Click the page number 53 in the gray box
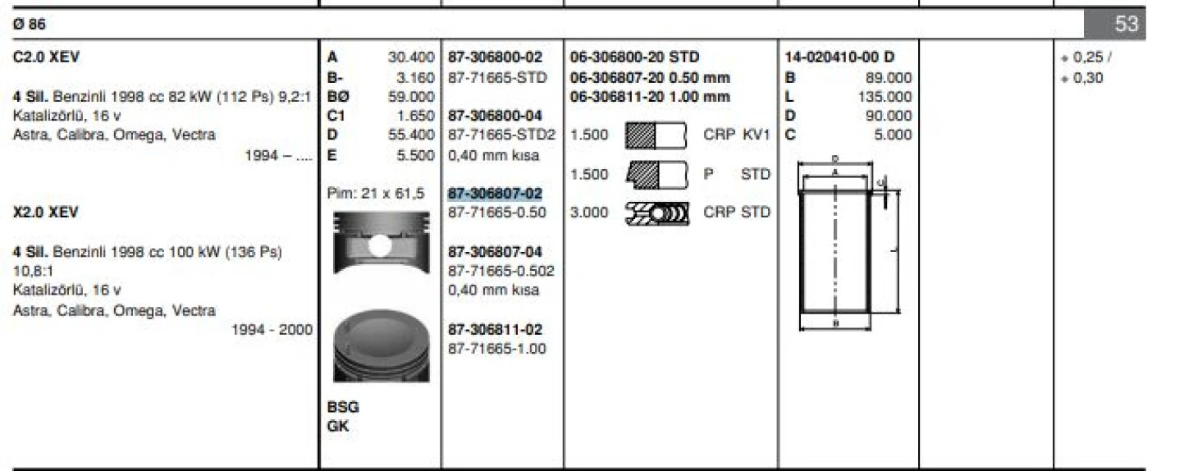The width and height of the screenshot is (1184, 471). click(x=1126, y=25)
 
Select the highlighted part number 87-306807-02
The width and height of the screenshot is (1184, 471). click(x=495, y=194)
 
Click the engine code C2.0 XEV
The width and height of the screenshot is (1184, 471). click(x=47, y=57)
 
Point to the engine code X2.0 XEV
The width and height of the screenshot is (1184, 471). click(x=46, y=213)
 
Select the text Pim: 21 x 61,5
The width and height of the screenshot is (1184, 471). click(x=376, y=194)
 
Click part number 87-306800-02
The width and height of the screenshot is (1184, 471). click(x=495, y=57)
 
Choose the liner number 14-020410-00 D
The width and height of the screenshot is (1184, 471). click(x=839, y=57)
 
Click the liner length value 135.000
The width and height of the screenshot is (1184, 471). click(x=887, y=97)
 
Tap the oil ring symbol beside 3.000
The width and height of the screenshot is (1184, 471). click(x=656, y=213)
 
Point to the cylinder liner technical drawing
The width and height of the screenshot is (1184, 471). click(x=845, y=243)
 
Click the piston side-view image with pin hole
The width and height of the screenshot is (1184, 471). click(x=381, y=243)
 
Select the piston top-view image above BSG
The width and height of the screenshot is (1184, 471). click(x=382, y=345)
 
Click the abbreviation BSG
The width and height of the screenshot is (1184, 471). click(x=343, y=407)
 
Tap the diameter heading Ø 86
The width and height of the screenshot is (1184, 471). click(x=30, y=25)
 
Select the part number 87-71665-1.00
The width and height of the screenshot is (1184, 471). click(x=496, y=349)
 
